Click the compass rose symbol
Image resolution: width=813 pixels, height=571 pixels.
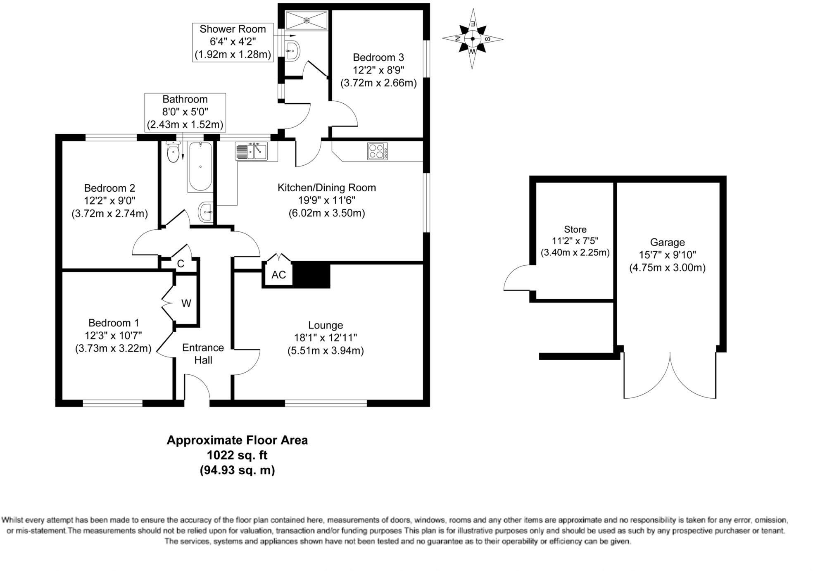(x=472, y=39)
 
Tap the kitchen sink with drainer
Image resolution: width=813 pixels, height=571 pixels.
(x=251, y=151)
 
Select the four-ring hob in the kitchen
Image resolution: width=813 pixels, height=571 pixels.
(x=377, y=151)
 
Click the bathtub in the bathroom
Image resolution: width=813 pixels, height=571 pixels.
(x=200, y=166)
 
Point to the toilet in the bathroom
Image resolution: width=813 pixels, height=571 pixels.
(x=173, y=152)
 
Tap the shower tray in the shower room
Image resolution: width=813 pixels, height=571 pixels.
(x=307, y=20)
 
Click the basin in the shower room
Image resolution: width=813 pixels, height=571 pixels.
(x=292, y=50)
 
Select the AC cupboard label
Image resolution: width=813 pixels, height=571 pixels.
(x=278, y=275)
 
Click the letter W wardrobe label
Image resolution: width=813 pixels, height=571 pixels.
(x=186, y=304)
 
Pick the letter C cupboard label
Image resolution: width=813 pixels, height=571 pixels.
(x=180, y=264)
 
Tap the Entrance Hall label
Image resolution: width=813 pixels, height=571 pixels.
(x=203, y=354)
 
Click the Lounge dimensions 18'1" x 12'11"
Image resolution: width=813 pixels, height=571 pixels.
(x=325, y=338)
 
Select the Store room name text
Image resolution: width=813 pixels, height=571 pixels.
(x=575, y=229)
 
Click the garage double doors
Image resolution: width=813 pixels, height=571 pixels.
(x=669, y=376)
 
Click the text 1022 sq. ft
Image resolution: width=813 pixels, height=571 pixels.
(x=237, y=455)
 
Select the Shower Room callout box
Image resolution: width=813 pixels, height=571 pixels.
(x=233, y=42)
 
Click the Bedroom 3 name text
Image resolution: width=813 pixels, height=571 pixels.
(x=378, y=57)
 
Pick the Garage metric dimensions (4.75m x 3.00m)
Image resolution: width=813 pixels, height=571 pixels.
(x=667, y=268)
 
